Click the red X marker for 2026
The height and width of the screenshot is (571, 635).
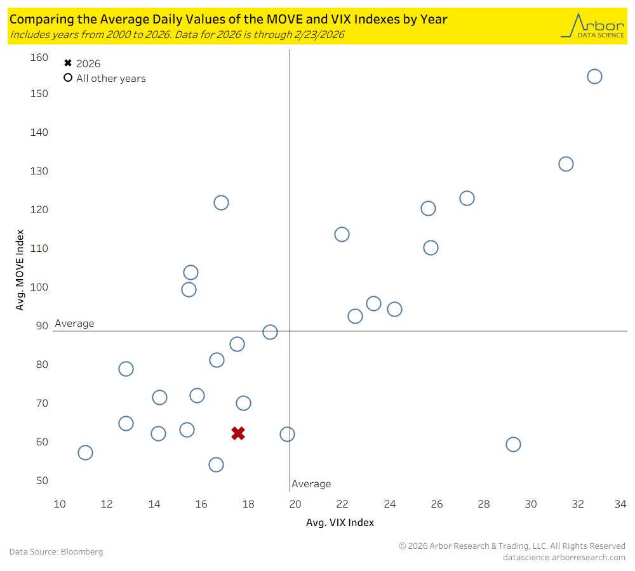click(238, 433)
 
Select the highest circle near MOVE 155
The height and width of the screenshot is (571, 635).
click(594, 76)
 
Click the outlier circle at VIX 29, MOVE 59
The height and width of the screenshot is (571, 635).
click(513, 444)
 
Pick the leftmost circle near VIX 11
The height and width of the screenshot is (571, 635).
click(85, 452)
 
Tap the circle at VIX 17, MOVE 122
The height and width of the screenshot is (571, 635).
click(221, 202)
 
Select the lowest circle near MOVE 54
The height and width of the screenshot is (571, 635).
click(216, 464)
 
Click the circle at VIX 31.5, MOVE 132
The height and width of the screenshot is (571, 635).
click(566, 164)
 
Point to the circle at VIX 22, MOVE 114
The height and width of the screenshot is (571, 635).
click(342, 234)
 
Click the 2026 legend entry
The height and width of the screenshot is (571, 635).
click(83, 63)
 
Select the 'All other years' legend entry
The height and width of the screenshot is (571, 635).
click(105, 79)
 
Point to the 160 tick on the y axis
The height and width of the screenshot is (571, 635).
click(39, 58)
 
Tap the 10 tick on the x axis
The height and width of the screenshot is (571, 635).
click(60, 504)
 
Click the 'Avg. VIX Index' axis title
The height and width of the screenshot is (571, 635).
click(340, 522)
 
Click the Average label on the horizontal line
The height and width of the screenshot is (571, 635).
click(74, 324)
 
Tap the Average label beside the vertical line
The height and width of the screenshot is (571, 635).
click(311, 484)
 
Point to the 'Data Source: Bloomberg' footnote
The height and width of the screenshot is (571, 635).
click(56, 551)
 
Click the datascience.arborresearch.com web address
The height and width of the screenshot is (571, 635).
click(564, 557)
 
